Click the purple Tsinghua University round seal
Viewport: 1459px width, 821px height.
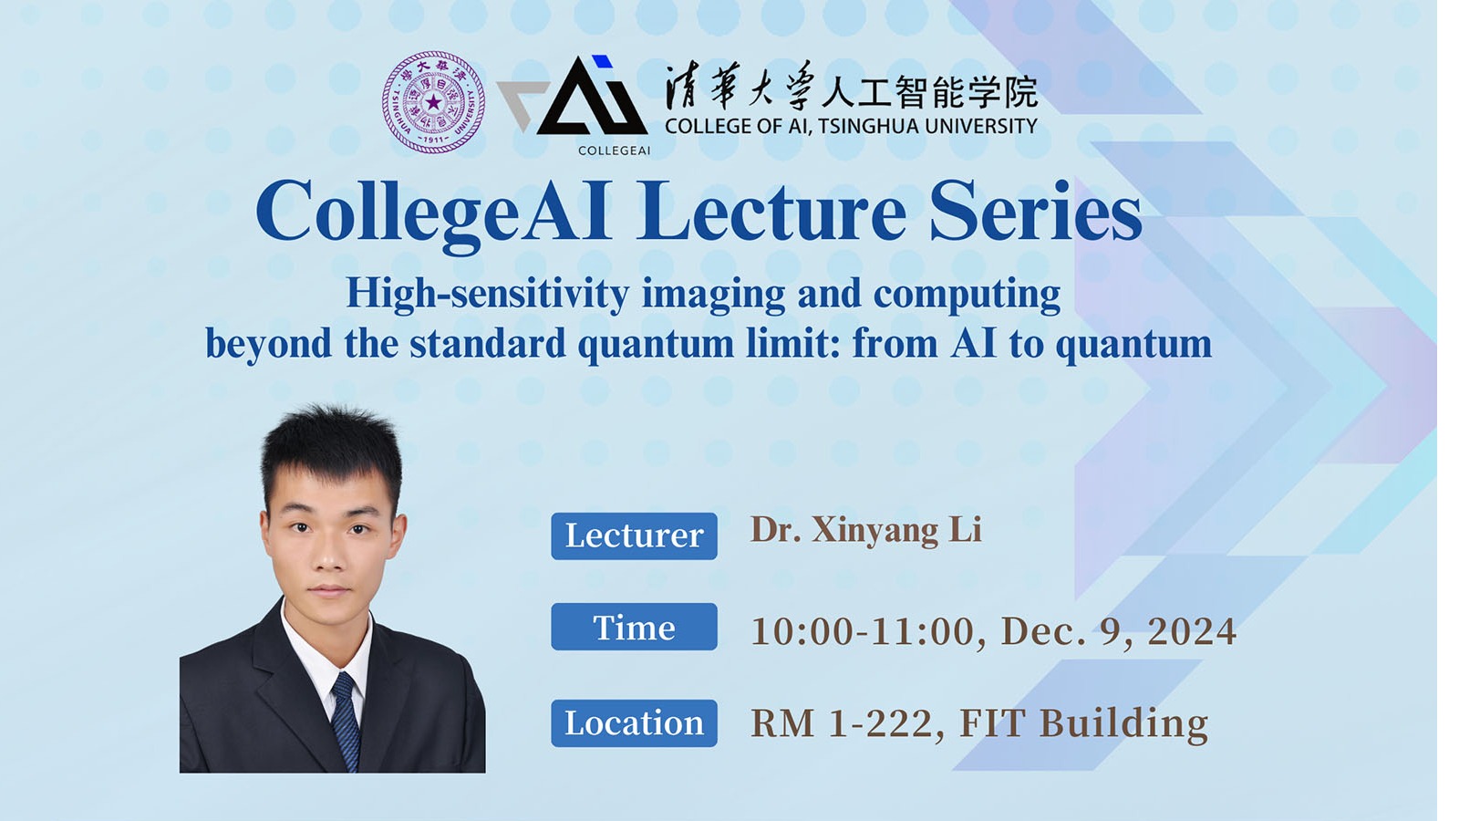pyautogui.click(x=433, y=102)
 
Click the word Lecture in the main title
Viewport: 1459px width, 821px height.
pyautogui.click(x=771, y=212)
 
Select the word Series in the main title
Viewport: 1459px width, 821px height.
pyautogui.click(x=1036, y=212)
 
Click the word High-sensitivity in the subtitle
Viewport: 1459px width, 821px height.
pyautogui.click(x=488, y=296)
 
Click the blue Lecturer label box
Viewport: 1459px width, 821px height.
pyautogui.click(x=634, y=536)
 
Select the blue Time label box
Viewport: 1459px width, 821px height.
pyautogui.click(x=634, y=627)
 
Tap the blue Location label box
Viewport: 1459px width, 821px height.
pyautogui.click(x=634, y=723)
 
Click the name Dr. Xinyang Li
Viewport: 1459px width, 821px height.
pyautogui.click(x=866, y=531)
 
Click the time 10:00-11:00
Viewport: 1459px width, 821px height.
pyautogui.click(x=864, y=631)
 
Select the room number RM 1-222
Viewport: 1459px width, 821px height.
pyautogui.click(x=844, y=723)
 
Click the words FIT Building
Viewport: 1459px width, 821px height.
pyautogui.click(x=1084, y=724)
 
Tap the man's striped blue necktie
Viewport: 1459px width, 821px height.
pyautogui.click(x=347, y=720)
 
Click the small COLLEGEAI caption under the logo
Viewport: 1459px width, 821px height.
pyautogui.click(x=615, y=151)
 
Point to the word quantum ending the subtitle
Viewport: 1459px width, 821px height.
pyautogui.click(x=1133, y=345)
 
